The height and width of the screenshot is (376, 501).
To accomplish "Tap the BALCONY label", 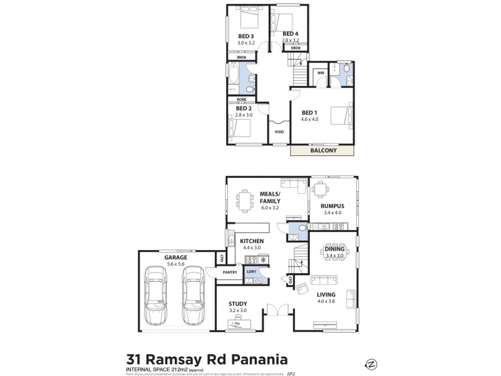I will coord(323,150).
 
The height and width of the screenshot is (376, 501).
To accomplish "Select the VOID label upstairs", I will coord(279,132).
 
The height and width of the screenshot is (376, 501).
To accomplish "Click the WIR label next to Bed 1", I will coord(321,73).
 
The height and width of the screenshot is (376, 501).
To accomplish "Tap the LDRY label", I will coord(252,271).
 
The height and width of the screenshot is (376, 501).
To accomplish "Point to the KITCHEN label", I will coord(251,241).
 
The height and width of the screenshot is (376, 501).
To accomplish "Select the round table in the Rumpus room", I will coord(321,189).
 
